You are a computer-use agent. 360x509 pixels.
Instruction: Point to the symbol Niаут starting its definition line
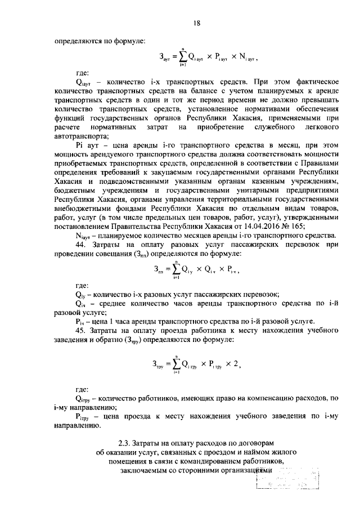(83, 236)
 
